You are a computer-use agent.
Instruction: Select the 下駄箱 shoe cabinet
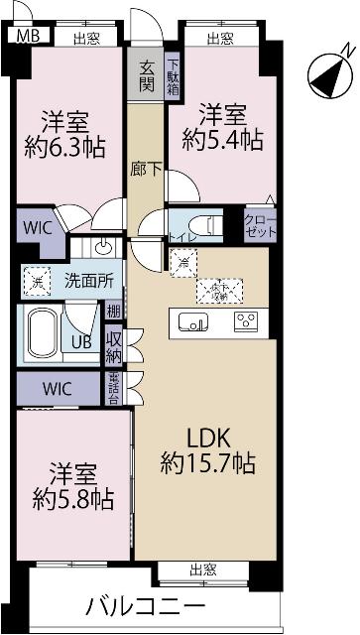pos(172,73)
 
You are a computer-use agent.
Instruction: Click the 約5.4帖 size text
pos(223,140)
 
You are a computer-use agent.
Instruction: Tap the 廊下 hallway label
pos(146,169)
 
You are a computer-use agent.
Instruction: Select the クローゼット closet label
pos(261,223)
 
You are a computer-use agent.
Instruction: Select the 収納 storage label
pos(114,346)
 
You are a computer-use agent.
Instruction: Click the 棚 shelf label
pos(114,312)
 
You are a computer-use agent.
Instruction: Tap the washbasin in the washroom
pos(105,248)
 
